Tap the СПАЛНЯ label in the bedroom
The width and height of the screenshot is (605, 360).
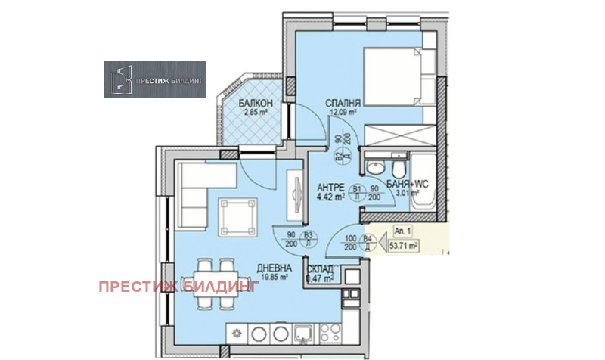point(342,104)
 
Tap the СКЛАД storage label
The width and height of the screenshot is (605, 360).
point(321,269)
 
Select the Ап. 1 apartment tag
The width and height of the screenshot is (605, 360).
point(402,233)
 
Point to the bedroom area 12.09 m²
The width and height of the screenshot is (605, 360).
point(342,113)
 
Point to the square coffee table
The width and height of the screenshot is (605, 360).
point(235,215)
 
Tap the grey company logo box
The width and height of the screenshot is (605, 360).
point(155,79)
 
